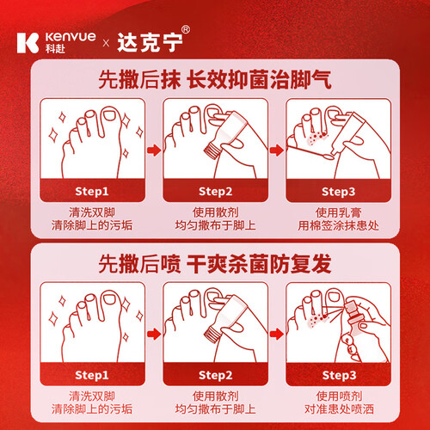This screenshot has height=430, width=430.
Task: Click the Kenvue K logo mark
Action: click(x=28, y=43)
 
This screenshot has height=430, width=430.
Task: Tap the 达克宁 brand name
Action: click(x=150, y=43)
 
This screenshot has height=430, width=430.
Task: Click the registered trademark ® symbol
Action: click(x=186, y=29)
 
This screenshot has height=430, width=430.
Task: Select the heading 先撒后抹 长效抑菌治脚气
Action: click(x=215, y=79)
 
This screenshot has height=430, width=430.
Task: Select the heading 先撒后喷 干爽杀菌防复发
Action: click(x=215, y=264)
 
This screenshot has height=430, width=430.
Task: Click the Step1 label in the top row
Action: click(x=92, y=192)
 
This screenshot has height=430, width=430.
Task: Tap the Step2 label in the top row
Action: click(x=215, y=192)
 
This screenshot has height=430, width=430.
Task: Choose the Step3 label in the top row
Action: click(x=338, y=192)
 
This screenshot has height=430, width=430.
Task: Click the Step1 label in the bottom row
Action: click(x=92, y=375)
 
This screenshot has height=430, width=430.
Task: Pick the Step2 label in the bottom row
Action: click(x=215, y=375)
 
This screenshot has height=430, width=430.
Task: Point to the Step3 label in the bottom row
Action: click(x=339, y=375)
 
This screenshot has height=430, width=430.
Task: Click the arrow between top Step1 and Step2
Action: click(x=154, y=150)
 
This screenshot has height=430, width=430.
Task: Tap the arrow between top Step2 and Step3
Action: click(x=277, y=150)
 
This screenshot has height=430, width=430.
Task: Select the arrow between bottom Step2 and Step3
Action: click(x=277, y=334)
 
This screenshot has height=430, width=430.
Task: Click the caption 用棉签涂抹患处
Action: click(x=338, y=225)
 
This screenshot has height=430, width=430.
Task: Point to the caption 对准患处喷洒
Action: click(x=339, y=409)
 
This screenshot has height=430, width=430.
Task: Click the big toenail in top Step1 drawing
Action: click(x=109, y=115)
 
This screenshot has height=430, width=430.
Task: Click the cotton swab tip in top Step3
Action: click(x=329, y=157)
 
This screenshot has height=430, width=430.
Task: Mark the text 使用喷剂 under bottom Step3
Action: click(x=339, y=396)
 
